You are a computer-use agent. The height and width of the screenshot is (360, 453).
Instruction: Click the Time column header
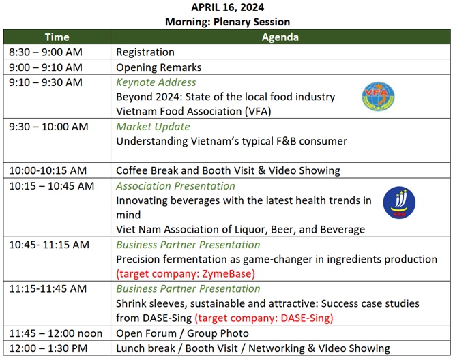pos(57,37)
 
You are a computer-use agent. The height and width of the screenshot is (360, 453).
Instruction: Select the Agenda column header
pos(280,37)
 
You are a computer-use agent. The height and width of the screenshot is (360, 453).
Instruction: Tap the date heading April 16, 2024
pos(227,7)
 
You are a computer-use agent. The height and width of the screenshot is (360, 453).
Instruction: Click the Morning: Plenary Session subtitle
pos(227,22)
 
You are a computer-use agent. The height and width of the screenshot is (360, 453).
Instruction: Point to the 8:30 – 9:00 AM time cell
pos(46,52)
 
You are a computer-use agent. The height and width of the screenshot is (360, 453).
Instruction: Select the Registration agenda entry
pos(145,52)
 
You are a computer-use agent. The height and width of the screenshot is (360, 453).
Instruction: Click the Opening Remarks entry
pos(158,67)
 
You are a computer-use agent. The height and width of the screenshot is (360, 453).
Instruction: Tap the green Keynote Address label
pos(156,82)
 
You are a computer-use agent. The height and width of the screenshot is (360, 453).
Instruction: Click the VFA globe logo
pos(378,96)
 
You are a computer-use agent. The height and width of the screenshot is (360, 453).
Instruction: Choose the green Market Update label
pos(153,127)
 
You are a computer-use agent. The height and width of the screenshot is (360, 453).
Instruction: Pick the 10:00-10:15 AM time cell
pos(48,170)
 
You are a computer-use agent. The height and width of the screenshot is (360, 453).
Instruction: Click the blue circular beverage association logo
pos(399,202)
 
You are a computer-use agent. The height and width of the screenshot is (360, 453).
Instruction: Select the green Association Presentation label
pos(175,186)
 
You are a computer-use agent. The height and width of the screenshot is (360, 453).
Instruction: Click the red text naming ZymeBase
pos(186,273)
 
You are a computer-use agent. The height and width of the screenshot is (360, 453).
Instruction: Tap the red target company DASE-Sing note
pos(264,318)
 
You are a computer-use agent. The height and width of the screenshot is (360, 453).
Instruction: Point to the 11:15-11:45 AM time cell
pos(48,288)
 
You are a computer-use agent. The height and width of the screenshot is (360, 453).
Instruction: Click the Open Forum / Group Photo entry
pos(182,333)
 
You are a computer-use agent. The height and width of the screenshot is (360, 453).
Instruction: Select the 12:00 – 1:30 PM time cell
pos(48,348)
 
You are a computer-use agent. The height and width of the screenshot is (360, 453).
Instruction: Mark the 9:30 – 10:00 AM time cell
pos(48,127)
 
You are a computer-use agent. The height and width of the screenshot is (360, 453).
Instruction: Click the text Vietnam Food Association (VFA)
pos(194,111)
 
